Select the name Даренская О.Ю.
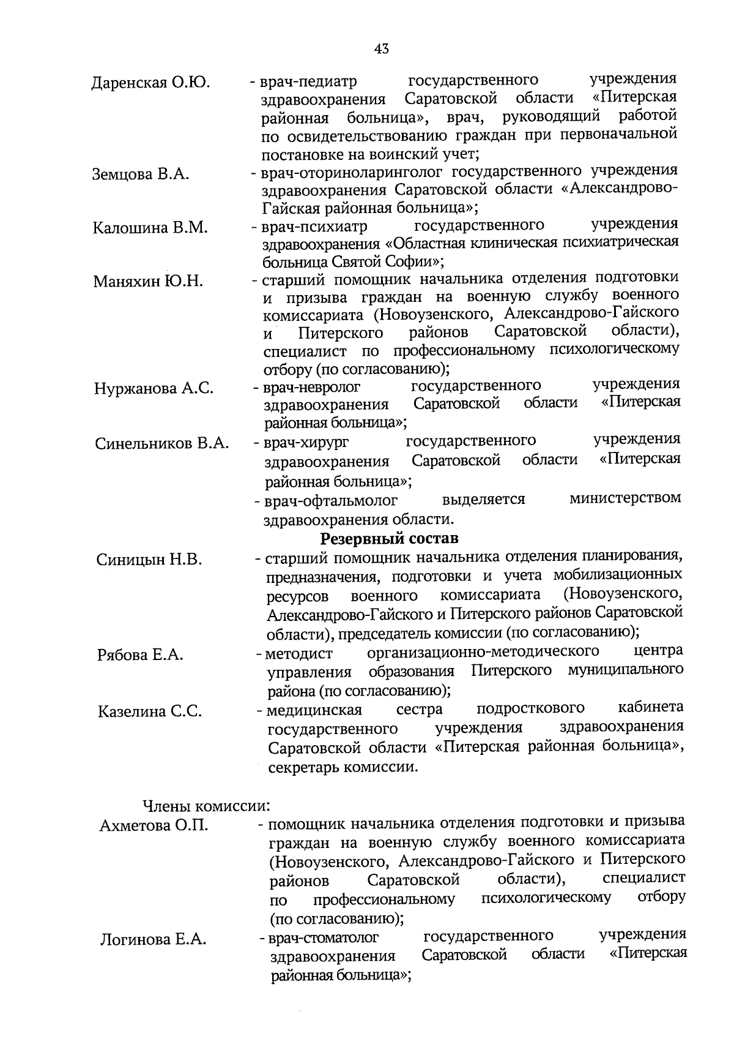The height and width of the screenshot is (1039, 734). [151, 83]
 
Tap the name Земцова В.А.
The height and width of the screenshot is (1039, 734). [141, 174]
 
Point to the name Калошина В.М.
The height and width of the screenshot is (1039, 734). [150, 228]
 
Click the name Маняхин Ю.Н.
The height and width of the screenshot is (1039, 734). [148, 282]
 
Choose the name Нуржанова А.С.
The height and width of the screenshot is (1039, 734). [154, 389]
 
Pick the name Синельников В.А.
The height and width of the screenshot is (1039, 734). [162, 443]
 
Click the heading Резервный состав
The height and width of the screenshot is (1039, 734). [389, 539]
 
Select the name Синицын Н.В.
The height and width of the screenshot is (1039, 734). [149, 560]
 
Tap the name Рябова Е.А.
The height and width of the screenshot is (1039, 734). [140, 655]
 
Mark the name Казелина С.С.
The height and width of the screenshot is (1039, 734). [150, 711]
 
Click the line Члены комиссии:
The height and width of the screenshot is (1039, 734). [207, 805]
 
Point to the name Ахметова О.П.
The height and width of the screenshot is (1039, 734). [154, 826]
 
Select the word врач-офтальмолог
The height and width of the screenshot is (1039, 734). [331, 501]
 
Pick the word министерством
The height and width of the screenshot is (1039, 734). [625, 498]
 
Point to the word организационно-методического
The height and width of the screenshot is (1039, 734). [483, 651]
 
